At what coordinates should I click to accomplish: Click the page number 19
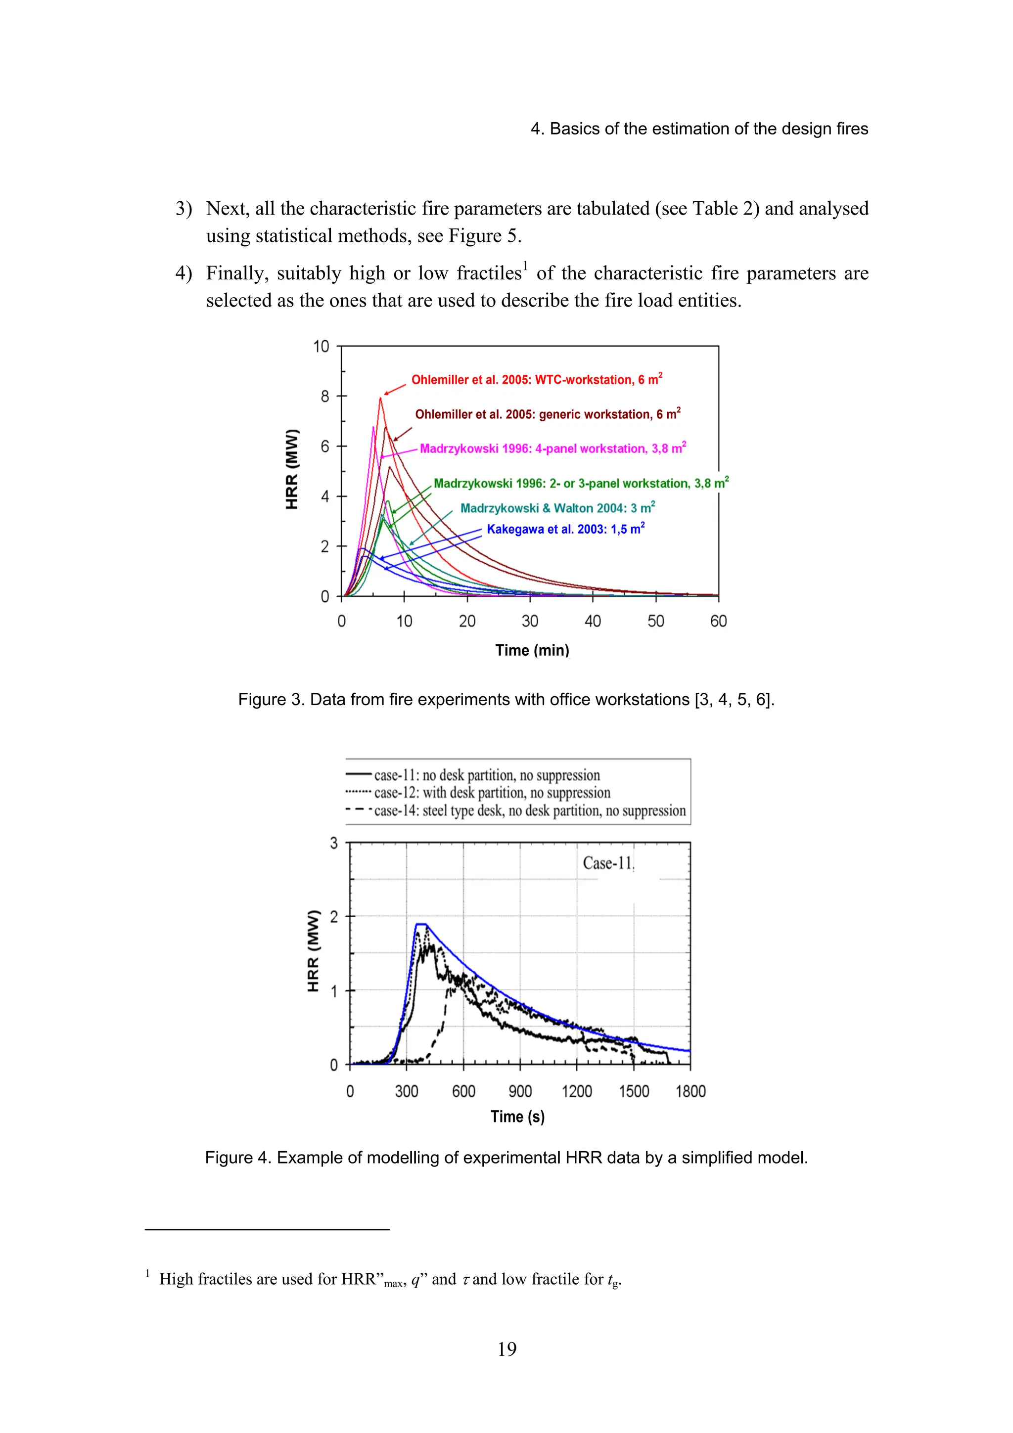coord(507,1349)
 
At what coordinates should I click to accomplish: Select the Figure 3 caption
coord(506,700)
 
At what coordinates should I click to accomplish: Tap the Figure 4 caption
coord(506,1158)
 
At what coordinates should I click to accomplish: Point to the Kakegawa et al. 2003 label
coord(565,529)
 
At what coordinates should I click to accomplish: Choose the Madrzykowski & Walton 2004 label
coord(557,508)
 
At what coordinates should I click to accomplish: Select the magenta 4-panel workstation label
coord(553,449)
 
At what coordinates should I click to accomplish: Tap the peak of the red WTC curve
coord(380,398)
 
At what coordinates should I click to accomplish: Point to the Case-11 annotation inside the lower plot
coord(607,863)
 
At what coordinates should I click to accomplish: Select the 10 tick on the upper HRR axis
coord(321,347)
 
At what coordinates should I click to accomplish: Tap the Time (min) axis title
coord(532,650)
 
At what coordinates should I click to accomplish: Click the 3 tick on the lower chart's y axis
coord(334,843)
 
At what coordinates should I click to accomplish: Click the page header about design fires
coord(699,129)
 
